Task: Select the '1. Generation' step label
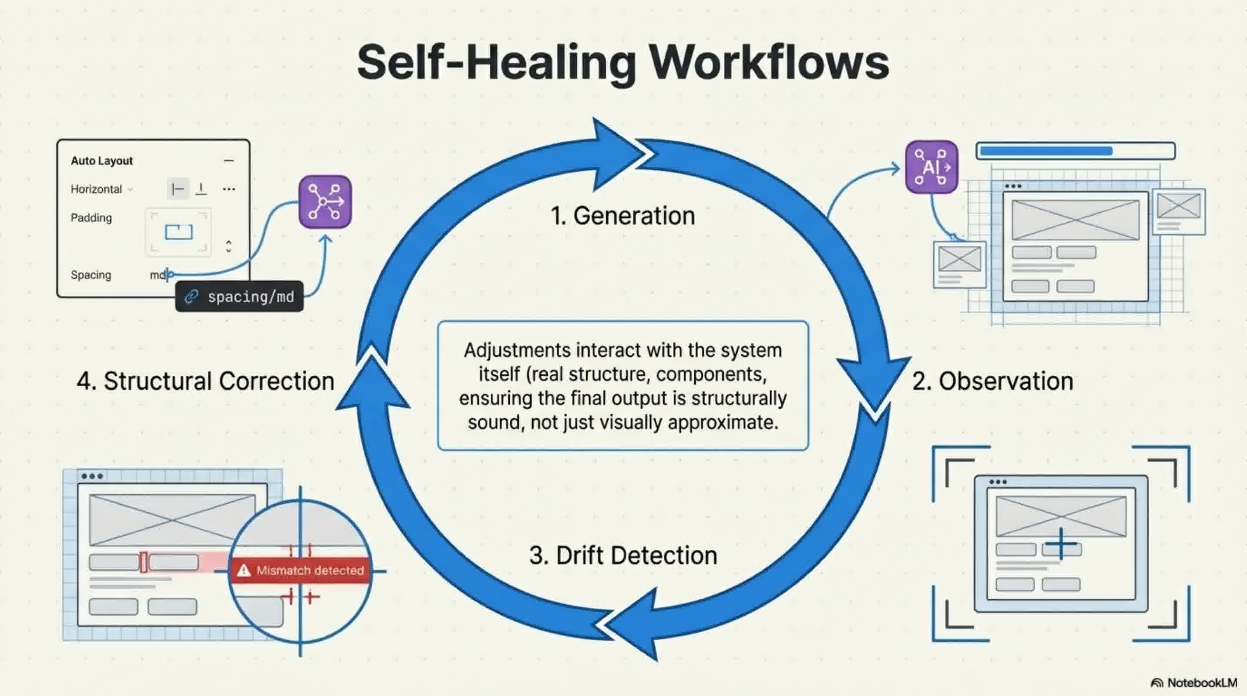622,216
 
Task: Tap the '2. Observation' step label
993,381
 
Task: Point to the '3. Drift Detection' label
623,555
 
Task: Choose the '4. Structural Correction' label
205,381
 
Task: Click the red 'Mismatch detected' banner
300,571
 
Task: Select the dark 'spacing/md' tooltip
239,297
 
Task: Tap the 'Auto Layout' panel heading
102,161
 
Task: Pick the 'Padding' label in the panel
91,218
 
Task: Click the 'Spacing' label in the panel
91,275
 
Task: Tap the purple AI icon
931,167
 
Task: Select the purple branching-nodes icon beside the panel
325,202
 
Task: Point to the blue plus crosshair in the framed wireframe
1061,544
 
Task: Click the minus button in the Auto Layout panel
229,161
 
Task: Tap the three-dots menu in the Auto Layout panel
229,189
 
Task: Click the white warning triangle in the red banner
244,571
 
